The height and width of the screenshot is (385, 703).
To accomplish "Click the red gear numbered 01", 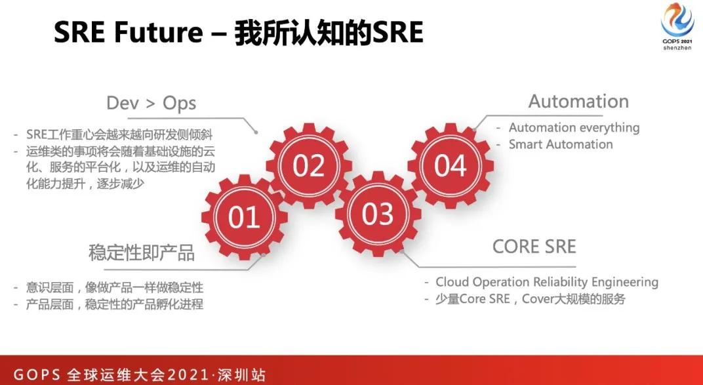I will pyautogui.click(x=244, y=216).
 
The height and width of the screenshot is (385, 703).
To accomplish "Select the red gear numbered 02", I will pyautogui.click(x=309, y=166).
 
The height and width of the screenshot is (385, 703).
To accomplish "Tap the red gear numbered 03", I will pyautogui.click(x=377, y=214).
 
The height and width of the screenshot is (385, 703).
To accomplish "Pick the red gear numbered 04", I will pyautogui.click(x=450, y=166).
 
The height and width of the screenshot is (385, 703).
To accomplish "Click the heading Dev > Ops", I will pyautogui.click(x=151, y=103).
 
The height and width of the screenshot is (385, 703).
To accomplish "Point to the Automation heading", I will pyautogui.click(x=578, y=102).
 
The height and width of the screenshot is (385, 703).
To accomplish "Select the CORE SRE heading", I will pyautogui.click(x=534, y=247).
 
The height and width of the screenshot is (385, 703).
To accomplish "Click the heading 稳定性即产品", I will pyautogui.click(x=142, y=254).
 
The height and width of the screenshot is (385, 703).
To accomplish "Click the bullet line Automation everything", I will pyautogui.click(x=574, y=128).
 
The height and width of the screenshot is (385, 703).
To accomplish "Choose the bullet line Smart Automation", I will pyautogui.click(x=561, y=144).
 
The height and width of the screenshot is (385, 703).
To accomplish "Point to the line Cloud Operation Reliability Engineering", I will pyautogui.click(x=547, y=282).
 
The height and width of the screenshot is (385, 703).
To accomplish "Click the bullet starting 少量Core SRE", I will pyautogui.click(x=531, y=299).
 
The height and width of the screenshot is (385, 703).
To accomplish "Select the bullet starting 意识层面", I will pyautogui.click(x=115, y=287).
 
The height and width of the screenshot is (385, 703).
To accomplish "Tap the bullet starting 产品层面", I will pyautogui.click(x=115, y=304).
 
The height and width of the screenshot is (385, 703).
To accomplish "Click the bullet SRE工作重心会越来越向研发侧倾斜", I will pyautogui.click(x=119, y=134).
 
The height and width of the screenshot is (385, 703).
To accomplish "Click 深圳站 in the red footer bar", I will pyautogui.click(x=243, y=375).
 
